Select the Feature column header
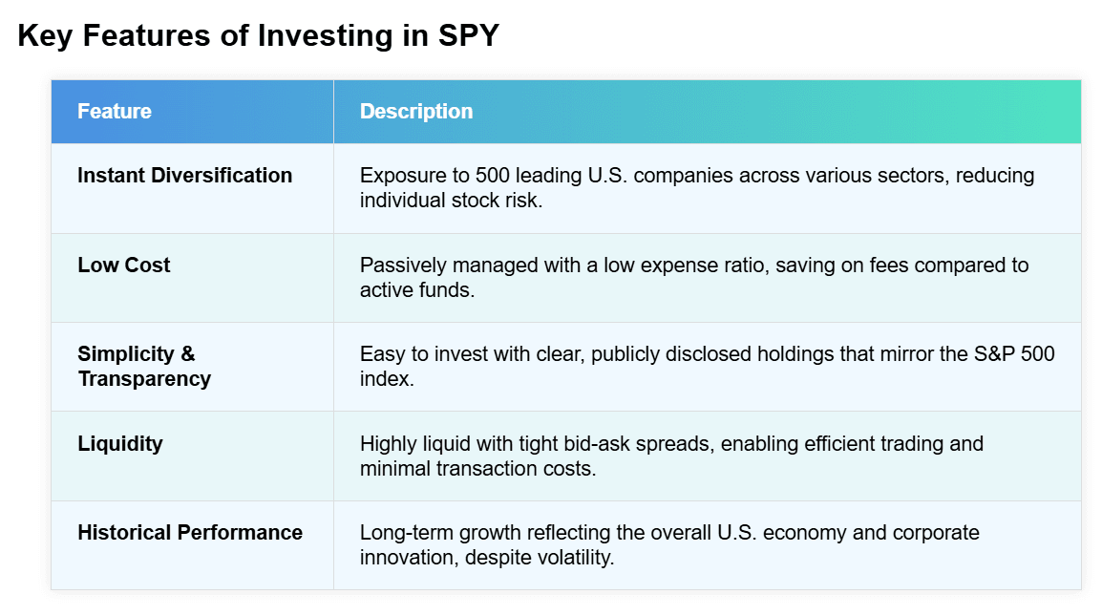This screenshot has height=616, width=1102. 115,111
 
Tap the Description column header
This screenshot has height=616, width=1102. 416,111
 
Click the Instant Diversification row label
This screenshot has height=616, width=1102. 185,176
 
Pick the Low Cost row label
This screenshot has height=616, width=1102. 124,266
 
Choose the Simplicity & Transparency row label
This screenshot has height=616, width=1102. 144,366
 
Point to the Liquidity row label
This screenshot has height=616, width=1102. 120,443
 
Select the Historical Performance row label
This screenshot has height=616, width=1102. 190,533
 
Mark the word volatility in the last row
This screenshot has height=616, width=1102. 573,557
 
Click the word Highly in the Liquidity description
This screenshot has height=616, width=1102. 388,444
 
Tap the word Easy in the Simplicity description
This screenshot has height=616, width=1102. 380,354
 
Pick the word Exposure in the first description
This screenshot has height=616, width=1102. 400,176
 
